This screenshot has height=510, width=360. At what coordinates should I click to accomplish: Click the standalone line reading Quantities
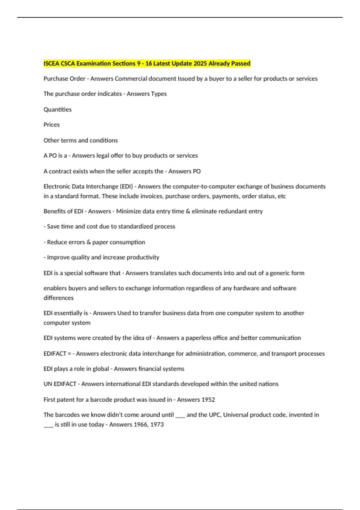(x=58, y=109)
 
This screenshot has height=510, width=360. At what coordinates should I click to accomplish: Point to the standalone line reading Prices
(x=52, y=124)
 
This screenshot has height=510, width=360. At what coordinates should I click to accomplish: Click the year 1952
(x=208, y=400)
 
